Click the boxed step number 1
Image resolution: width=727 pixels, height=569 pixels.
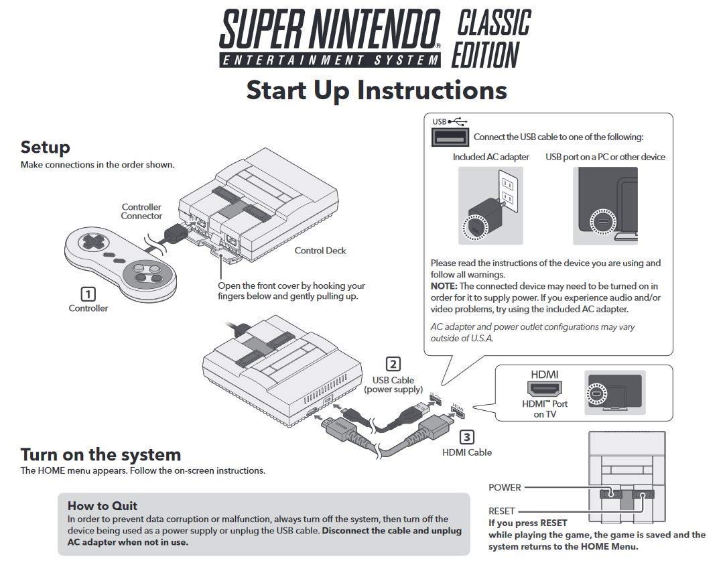click(x=88, y=294)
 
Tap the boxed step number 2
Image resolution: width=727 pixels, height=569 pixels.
click(x=393, y=364)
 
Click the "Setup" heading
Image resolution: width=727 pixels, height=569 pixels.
click(x=45, y=147)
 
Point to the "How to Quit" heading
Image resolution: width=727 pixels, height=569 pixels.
click(x=103, y=505)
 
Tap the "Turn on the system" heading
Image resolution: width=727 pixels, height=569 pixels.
click(x=101, y=454)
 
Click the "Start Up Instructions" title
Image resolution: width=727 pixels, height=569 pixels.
click(x=376, y=90)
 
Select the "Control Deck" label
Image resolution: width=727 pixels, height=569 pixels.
click(x=320, y=251)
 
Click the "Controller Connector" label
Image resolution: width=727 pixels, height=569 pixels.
click(x=141, y=212)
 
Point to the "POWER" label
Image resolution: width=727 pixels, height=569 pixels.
click(x=505, y=487)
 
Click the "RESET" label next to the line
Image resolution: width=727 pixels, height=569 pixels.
click(x=502, y=511)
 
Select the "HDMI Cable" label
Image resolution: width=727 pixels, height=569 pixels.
click(x=466, y=452)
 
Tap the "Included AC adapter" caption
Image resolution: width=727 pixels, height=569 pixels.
click(x=490, y=157)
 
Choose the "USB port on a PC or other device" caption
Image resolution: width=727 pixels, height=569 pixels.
click(x=605, y=157)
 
